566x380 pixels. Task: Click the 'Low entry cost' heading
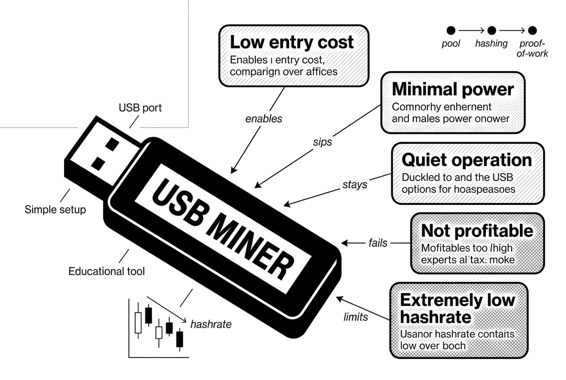(x=292, y=42)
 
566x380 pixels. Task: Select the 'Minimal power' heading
(x=452, y=89)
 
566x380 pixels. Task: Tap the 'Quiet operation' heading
(x=467, y=160)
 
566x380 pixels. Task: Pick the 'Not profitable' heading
(x=477, y=230)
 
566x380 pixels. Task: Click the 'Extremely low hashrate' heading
(x=457, y=308)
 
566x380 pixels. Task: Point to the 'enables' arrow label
(x=264, y=119)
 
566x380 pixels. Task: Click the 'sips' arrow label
(x=322, y=142)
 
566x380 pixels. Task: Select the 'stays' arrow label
(x=355, y=184)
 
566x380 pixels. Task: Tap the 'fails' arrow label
(x=378, y=243)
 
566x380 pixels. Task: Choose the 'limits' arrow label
(x=356, y=317)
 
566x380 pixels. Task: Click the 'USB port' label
(x=140, y=108)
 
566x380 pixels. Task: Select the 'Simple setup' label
(x=55, y=209)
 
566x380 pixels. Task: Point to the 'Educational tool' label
(x=107, y=271)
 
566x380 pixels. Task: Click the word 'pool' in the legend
(x=451, y=44)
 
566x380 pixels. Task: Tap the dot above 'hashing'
(x=492, y=30)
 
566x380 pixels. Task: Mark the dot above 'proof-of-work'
(x=532, y=30)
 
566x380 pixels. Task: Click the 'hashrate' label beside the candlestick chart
(x=210, y=324)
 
